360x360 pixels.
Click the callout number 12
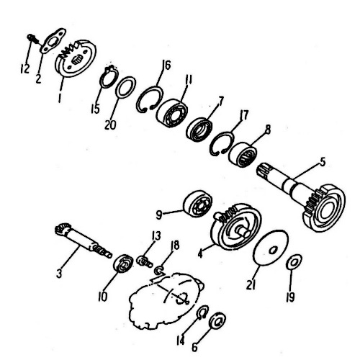(x=24, y=68)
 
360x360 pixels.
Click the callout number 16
(x=166, y=65)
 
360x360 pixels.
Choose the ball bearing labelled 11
(x=172, y=112)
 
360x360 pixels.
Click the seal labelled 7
(x=199, y=130)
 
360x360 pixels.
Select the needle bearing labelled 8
(x=243, y=155)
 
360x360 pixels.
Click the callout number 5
(x=323, y=162)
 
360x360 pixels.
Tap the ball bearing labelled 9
(x=198, y=204)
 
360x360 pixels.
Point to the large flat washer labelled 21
(x=271, y=248)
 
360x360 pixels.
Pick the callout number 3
(x=59, y=273)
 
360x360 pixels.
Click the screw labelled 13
(x=145, y=261)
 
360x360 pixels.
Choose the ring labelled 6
(x=217, y=320)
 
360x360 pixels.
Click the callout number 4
(x=200, y=253)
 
